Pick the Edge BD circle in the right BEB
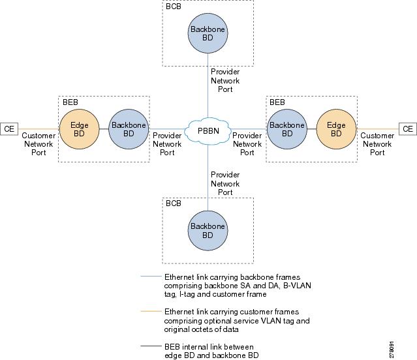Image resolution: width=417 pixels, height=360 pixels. pos(336,128)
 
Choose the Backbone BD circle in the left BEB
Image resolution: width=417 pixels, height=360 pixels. pos(123,128)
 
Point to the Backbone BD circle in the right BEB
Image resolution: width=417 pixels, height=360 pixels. pos(286,128)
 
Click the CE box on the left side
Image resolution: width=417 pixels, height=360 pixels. pos(9,129)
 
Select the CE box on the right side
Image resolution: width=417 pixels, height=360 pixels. pos(408,129)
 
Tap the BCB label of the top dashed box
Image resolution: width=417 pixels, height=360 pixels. pos(174,6)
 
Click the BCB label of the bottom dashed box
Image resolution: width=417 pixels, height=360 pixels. pos(174,203)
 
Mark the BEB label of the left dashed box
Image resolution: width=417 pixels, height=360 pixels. pos(70,102)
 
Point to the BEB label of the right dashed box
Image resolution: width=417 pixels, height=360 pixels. pos(277,102)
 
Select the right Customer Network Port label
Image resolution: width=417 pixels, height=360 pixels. pos(377,144)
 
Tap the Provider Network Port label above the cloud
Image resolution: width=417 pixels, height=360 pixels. pos(225,81)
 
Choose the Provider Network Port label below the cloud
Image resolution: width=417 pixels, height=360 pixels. pos(225,183)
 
